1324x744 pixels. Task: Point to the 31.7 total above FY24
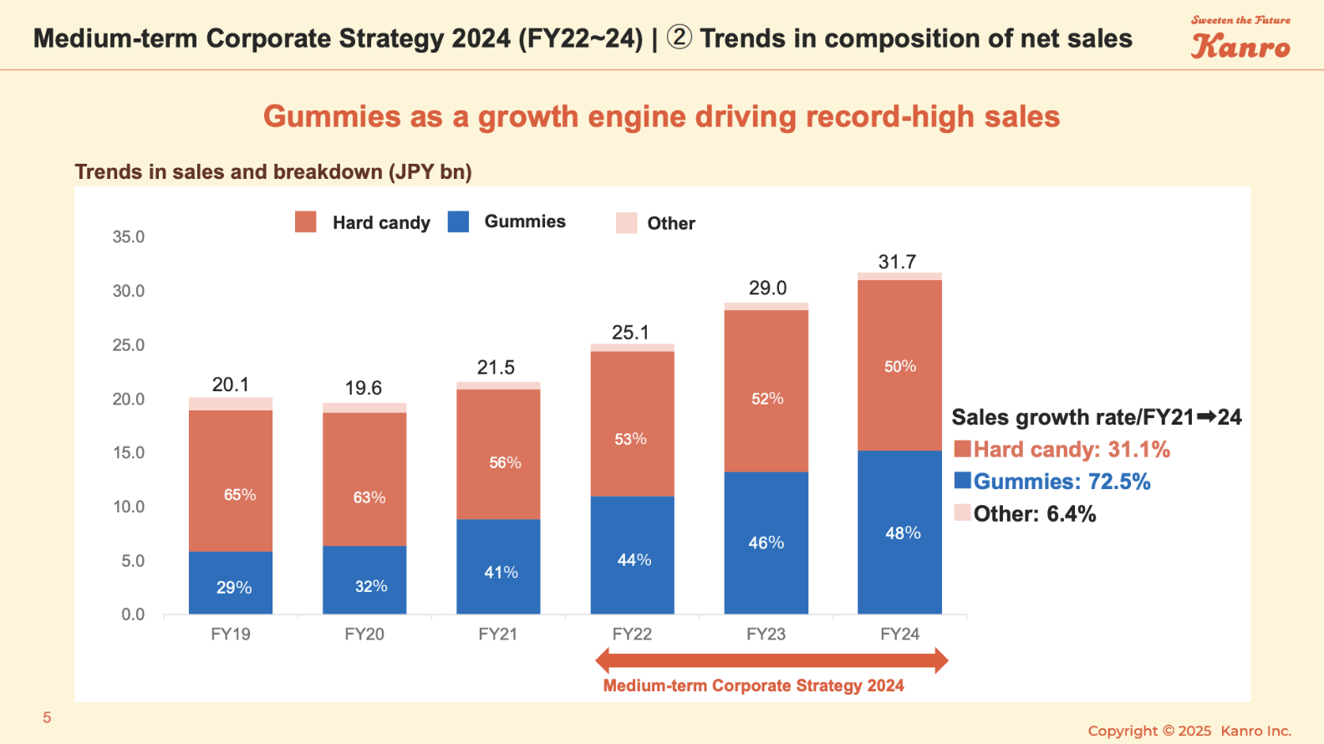897,262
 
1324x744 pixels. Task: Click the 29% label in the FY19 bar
234,588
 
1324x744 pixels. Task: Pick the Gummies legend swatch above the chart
458,222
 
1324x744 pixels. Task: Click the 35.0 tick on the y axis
129,237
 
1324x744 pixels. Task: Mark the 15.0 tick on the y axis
129,452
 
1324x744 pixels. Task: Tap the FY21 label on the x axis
497,634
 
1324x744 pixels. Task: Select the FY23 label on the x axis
766,634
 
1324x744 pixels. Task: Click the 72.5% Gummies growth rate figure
1119,482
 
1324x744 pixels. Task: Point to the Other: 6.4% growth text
1034,513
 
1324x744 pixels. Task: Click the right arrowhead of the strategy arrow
941,660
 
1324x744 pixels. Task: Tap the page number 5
48,717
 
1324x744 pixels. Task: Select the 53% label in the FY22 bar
630,439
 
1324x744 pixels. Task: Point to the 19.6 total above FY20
364,388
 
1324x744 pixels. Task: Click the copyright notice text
1189,731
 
